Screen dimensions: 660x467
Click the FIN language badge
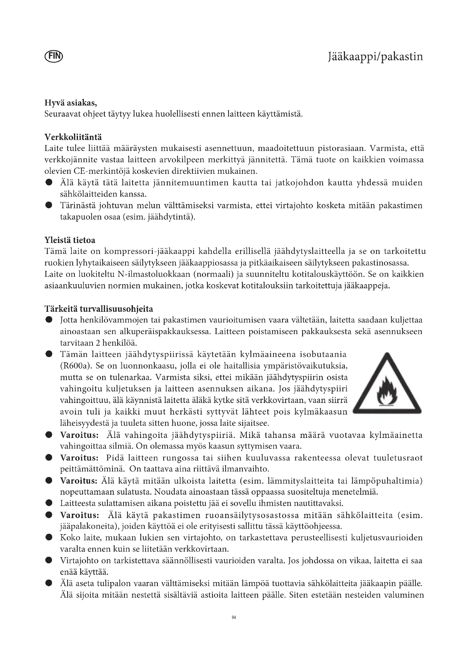click(54, 56)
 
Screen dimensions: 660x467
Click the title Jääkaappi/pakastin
click(375, 57)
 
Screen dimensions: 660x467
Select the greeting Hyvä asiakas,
click(71, 102)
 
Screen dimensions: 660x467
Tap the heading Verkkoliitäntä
click(73, 137)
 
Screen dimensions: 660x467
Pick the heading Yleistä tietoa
click(70, 240)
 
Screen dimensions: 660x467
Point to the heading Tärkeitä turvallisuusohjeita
click(99, 309)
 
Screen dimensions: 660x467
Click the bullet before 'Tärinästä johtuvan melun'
click(49, 205)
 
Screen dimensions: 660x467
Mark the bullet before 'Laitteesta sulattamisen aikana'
click(49, 503)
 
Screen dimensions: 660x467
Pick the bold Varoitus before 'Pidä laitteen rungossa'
click(79, 458)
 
